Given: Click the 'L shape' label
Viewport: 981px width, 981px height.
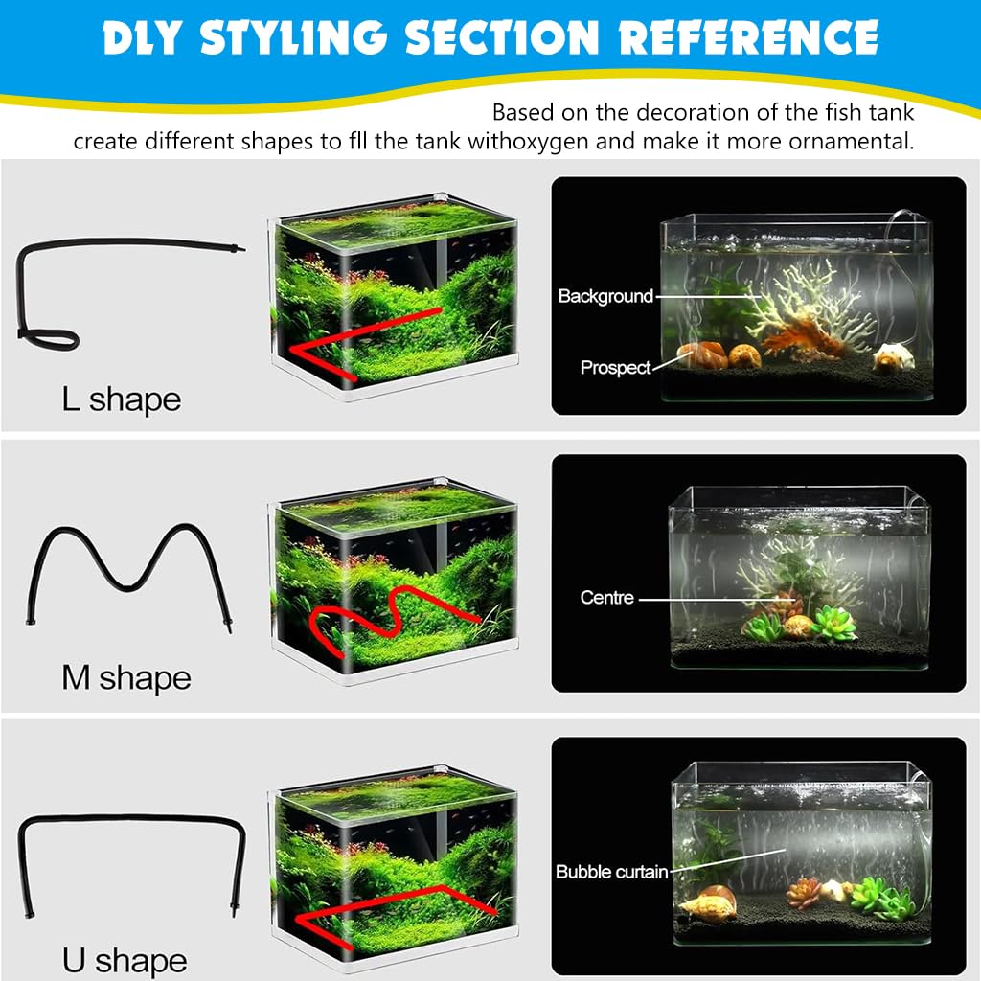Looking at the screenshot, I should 121,399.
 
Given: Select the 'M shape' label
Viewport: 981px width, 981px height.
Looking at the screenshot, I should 126,678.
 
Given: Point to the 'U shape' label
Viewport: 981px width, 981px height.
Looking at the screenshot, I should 125,960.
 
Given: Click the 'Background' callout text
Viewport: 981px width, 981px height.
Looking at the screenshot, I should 605,296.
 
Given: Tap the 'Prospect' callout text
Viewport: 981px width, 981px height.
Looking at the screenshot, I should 615,367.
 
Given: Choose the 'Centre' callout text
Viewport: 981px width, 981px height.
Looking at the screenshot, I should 607,598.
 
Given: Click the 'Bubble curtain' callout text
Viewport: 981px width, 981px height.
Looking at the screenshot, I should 611,872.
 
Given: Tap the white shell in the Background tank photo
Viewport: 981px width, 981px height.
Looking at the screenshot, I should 889,358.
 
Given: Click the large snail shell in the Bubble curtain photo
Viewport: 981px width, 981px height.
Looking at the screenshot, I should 709,901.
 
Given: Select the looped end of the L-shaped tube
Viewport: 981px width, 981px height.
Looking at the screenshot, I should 48,337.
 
